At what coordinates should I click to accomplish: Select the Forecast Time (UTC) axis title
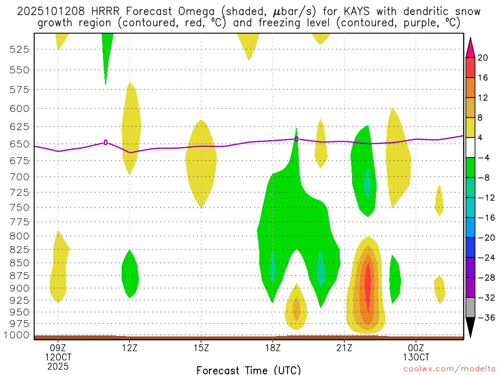click(249, 370)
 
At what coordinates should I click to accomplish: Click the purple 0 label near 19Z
click(296, 139)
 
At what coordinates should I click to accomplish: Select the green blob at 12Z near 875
click(130, 274)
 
